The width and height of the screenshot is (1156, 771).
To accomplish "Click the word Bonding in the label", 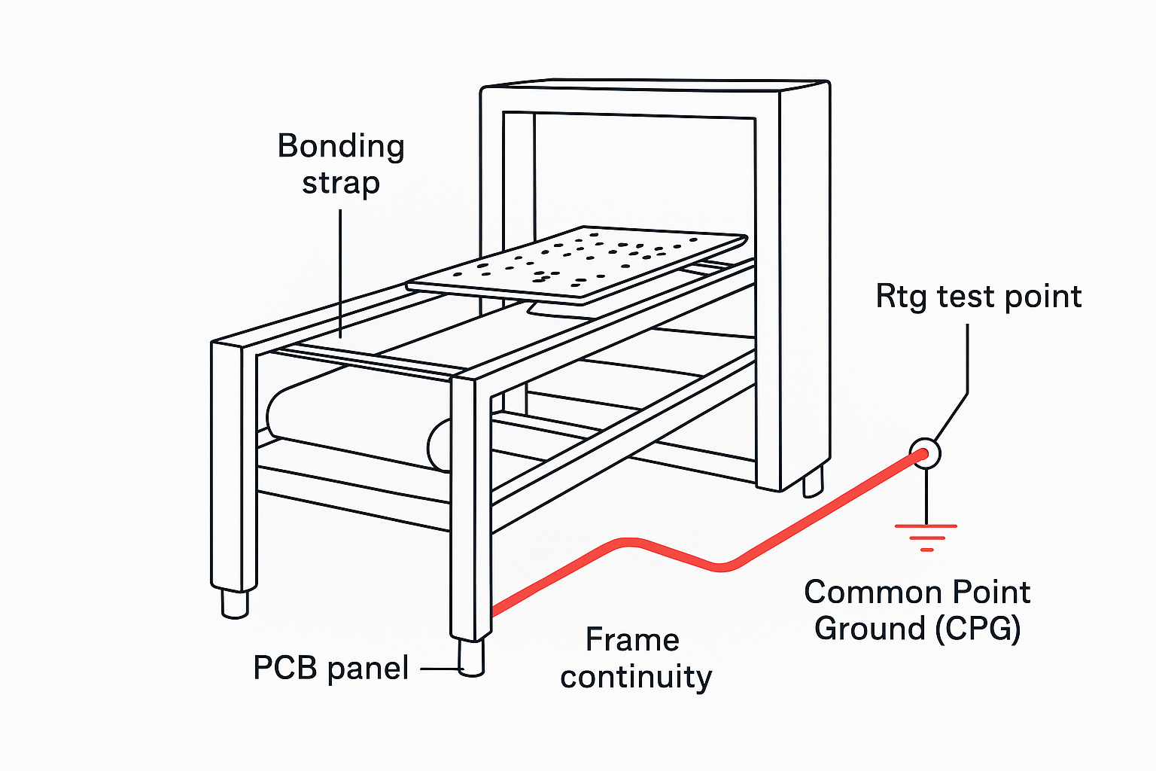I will point(341,146).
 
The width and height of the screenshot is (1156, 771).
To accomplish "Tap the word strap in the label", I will point(341,183).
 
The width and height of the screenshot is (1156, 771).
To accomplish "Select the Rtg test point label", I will point(978,297).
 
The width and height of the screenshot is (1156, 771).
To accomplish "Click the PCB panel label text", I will point(331,668).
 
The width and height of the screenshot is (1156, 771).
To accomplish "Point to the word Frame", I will point(632,640).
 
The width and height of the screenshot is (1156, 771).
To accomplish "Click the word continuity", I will point(636,676).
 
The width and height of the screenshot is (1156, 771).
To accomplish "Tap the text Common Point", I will point(917,593).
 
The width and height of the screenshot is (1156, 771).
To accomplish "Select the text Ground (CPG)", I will point(917,629).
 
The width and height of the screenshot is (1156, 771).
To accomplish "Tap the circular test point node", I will point(926,453).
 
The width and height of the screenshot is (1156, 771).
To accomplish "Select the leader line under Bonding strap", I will point(340,271).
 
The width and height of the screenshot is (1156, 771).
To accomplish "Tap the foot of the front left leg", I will point(235,602).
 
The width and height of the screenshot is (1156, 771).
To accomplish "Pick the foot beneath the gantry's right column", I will point(813,482).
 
